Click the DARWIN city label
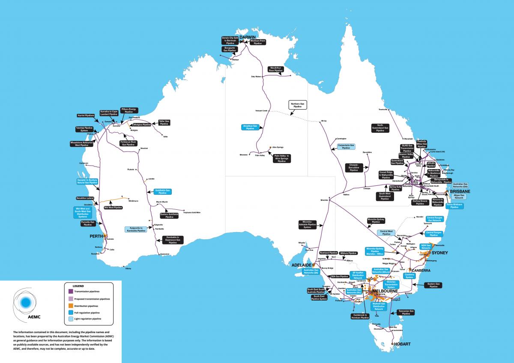pos(247,38)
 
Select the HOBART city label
pos(403,344)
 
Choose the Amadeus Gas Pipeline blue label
pos(251,127)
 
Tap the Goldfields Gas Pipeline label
pos(162,191)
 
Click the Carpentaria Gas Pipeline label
pos(347,147)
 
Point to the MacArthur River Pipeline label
pos(275,69)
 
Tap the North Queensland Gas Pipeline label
pos(380,128)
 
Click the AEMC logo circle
pos(26,302)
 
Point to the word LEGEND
pos(78,286)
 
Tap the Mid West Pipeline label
pos(113,208)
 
